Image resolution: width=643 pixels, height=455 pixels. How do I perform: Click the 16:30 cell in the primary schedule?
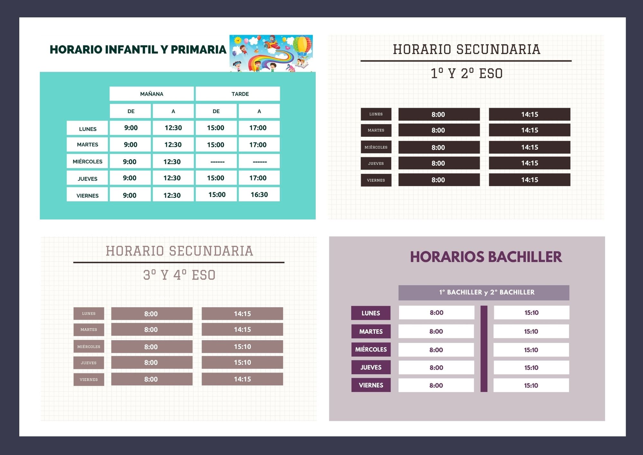click(259, 195)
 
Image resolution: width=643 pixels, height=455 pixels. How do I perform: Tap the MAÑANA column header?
click(152, 94)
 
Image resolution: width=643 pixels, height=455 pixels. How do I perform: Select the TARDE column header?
click(238, 94)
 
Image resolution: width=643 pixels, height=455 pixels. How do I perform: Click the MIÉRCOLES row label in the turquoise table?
click(87, 161)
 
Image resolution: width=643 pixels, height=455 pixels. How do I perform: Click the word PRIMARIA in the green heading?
click(198, 49)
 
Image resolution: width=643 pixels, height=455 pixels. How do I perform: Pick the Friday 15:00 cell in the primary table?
click(216, 195)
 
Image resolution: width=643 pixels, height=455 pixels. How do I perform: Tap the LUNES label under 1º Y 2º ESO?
click(376, 114)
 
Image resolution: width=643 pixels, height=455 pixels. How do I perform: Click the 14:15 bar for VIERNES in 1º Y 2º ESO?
click(530, 180)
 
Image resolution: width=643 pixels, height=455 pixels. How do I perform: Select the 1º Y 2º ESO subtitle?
click(466, 73)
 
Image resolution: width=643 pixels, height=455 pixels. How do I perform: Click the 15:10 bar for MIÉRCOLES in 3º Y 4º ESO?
click(242, 347)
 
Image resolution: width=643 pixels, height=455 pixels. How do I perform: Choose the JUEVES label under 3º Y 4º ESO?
click(89, 363)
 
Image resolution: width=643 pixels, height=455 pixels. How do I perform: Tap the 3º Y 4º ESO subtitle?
click(179, 275)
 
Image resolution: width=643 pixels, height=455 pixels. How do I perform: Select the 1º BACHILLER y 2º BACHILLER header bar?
click(484, 292)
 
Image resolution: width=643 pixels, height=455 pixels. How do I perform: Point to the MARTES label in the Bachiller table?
click(371, 331)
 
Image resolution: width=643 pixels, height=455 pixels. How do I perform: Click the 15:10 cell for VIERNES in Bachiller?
click(531, 385)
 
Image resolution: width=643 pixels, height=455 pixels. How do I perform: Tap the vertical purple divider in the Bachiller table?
click(484, 349)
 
